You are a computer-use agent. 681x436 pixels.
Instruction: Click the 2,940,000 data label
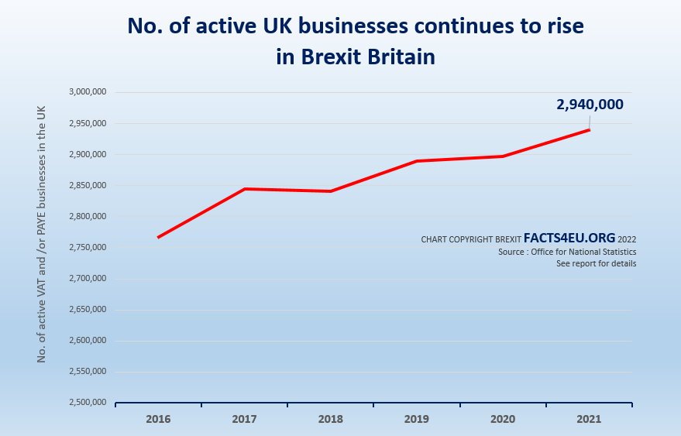[590, 105]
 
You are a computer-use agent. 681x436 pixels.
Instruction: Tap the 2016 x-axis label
[158, 418]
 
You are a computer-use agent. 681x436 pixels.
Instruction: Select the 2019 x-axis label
[417, 418]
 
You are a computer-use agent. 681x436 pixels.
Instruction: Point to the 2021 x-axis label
[590, 418]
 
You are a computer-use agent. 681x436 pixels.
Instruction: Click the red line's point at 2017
[245, 189]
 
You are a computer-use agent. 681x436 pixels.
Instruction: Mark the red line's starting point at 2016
[158, 237]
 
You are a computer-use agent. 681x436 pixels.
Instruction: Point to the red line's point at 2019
[417, 161]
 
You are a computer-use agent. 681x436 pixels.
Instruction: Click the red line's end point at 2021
[590, 129]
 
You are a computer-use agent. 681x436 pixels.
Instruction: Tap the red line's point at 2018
[331, 191]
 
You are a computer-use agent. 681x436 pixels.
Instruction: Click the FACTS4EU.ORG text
[569, 239]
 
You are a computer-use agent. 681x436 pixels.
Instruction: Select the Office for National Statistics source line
[567, 252]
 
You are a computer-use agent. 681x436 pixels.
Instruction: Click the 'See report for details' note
[596, 264]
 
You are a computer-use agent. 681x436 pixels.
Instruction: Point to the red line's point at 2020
[504, 156]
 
